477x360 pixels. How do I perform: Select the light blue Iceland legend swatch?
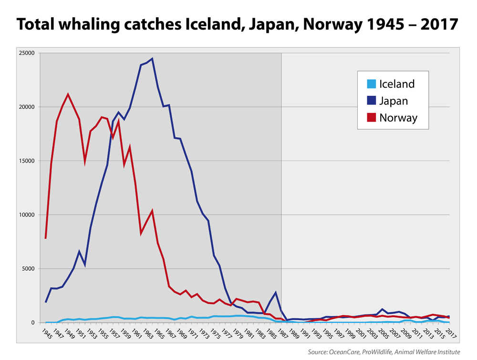371,84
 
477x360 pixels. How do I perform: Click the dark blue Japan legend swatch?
371,101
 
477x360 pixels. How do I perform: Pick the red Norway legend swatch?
371,117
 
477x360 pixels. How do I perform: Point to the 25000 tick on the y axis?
27,53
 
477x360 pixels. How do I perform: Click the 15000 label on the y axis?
27,161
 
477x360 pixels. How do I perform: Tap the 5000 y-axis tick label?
29,268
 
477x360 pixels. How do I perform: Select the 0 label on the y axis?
33,322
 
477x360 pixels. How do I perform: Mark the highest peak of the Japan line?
152,59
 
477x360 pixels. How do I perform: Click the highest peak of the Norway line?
68,94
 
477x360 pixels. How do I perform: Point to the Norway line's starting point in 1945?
46,238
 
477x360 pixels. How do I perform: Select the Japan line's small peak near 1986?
276,292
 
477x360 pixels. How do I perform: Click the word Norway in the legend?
398,117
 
